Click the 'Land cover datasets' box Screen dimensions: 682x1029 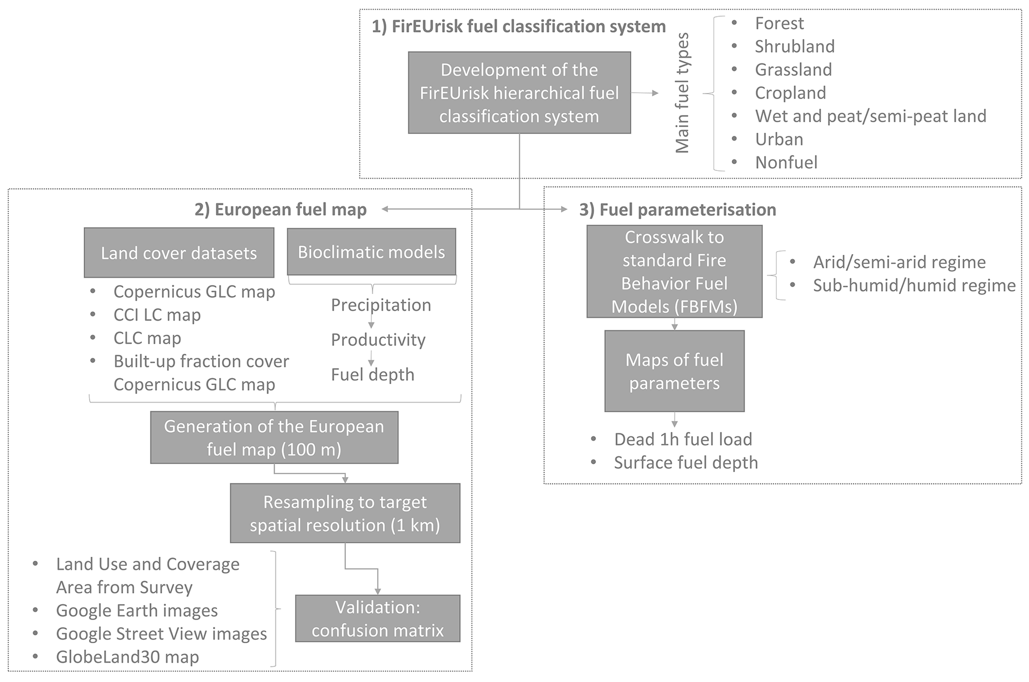click(x=179, y=253)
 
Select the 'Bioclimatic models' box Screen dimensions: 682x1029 click(x=371, y=252)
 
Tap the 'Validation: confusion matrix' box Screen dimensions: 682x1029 click(x=377, y=618)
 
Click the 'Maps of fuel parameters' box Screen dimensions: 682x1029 click(x=674, y=371)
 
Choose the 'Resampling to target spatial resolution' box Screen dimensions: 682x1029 click(x=344, y=513)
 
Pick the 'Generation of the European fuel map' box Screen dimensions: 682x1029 click(x=274, y=437)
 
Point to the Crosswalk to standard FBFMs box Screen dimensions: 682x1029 click(x=674, y=272)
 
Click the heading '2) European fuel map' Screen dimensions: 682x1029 click(x=280, y=209)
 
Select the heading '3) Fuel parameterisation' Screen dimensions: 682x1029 click(x=678, y=210)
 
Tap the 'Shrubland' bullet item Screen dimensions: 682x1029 click(x=795, y=46)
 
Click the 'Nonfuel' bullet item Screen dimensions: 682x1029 click(x=786, y=162)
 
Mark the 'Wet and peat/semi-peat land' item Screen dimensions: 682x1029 click(x=870, y=116)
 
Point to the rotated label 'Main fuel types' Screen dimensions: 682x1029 click(x=682, y=93)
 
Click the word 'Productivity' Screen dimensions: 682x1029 click(x=378, y=340)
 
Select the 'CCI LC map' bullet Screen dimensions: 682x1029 click(x=157, y=315)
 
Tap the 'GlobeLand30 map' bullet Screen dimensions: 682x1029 click(x=127, y=657)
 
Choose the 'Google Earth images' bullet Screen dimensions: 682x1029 click(x=137, y=610)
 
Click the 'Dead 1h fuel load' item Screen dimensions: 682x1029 click(x=683, y=439)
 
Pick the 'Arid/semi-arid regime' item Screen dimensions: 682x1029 click(x=899, y=262)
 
